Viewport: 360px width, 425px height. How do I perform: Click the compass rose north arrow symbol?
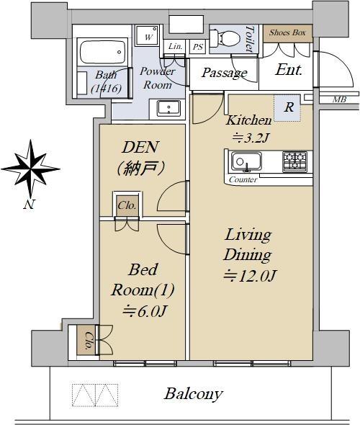31,169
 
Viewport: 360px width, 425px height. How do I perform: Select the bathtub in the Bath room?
102,53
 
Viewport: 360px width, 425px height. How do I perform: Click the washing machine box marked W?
147,35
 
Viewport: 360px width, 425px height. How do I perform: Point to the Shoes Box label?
287,33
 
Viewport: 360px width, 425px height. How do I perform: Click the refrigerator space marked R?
287,107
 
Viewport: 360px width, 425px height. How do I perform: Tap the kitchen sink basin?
246,161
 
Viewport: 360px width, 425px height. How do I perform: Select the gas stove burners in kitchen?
294,161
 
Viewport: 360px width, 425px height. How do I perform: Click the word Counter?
243,179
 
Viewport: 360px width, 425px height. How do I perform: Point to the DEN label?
140,147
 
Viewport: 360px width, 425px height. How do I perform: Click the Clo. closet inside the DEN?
127,205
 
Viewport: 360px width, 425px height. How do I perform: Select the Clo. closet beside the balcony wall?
86,340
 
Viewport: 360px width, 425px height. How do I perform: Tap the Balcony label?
194,394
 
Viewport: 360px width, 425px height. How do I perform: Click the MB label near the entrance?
340,99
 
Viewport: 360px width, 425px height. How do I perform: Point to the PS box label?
198,47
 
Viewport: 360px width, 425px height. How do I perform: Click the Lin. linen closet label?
175,46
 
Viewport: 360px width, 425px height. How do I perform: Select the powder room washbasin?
168,108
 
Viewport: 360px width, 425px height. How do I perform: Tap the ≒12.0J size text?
249,275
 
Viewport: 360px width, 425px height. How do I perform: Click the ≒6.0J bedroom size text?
144,311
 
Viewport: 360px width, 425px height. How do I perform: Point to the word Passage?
225,73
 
